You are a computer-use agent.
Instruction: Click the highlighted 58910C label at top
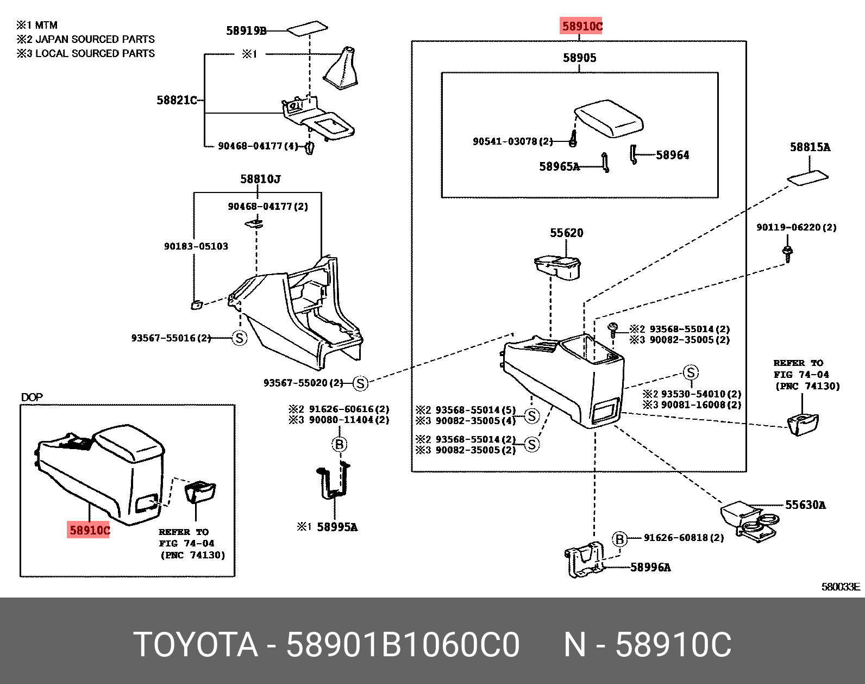coord(581,26)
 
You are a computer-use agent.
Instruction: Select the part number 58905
coord(579,58)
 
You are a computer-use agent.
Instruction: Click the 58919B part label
coord(246,31)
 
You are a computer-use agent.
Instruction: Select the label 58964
coord(672,156)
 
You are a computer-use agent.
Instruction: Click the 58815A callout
coord(810,147)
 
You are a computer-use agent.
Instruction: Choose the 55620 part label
coord(566,233)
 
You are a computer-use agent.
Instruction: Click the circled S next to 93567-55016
coord(239,338)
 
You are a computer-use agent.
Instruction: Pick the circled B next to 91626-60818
coord(619,539)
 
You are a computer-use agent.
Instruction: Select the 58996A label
coord(650,568)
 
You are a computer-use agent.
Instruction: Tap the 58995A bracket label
coord(337,527)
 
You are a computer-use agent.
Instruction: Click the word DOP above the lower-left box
coord(32,397)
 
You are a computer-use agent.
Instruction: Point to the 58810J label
coord(260,179)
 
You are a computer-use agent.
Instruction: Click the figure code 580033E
coord(840,587)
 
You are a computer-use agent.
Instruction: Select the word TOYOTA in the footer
coord(196,645)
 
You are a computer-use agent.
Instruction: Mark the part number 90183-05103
coord(196,246)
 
